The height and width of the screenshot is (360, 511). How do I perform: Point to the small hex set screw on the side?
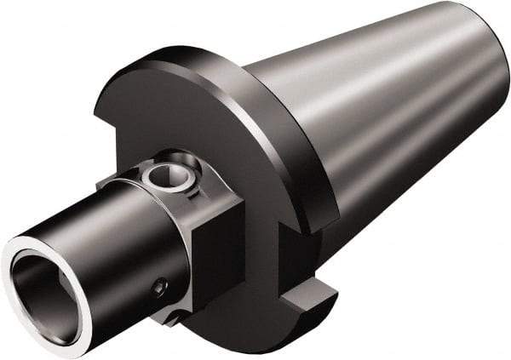pos(159,289)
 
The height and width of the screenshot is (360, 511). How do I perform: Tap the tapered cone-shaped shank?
pos(383,119)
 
